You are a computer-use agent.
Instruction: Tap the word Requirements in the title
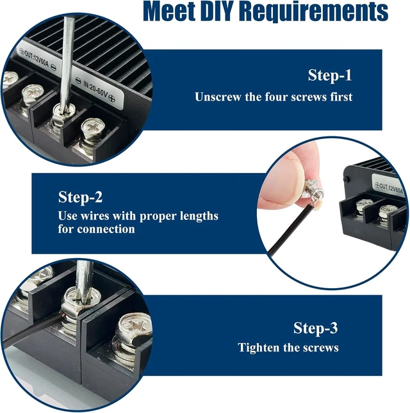point(314,12)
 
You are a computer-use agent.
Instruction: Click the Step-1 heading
point(330,75)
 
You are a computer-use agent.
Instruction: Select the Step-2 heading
point(80,197)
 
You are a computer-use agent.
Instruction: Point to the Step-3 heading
point(315,328)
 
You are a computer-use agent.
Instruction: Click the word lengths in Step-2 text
point(199,216)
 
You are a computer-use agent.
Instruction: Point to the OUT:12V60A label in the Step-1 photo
point(37,59)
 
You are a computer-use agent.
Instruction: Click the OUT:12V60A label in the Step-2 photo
point(391,188)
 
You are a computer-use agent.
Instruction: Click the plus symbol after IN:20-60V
point(112,99)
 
